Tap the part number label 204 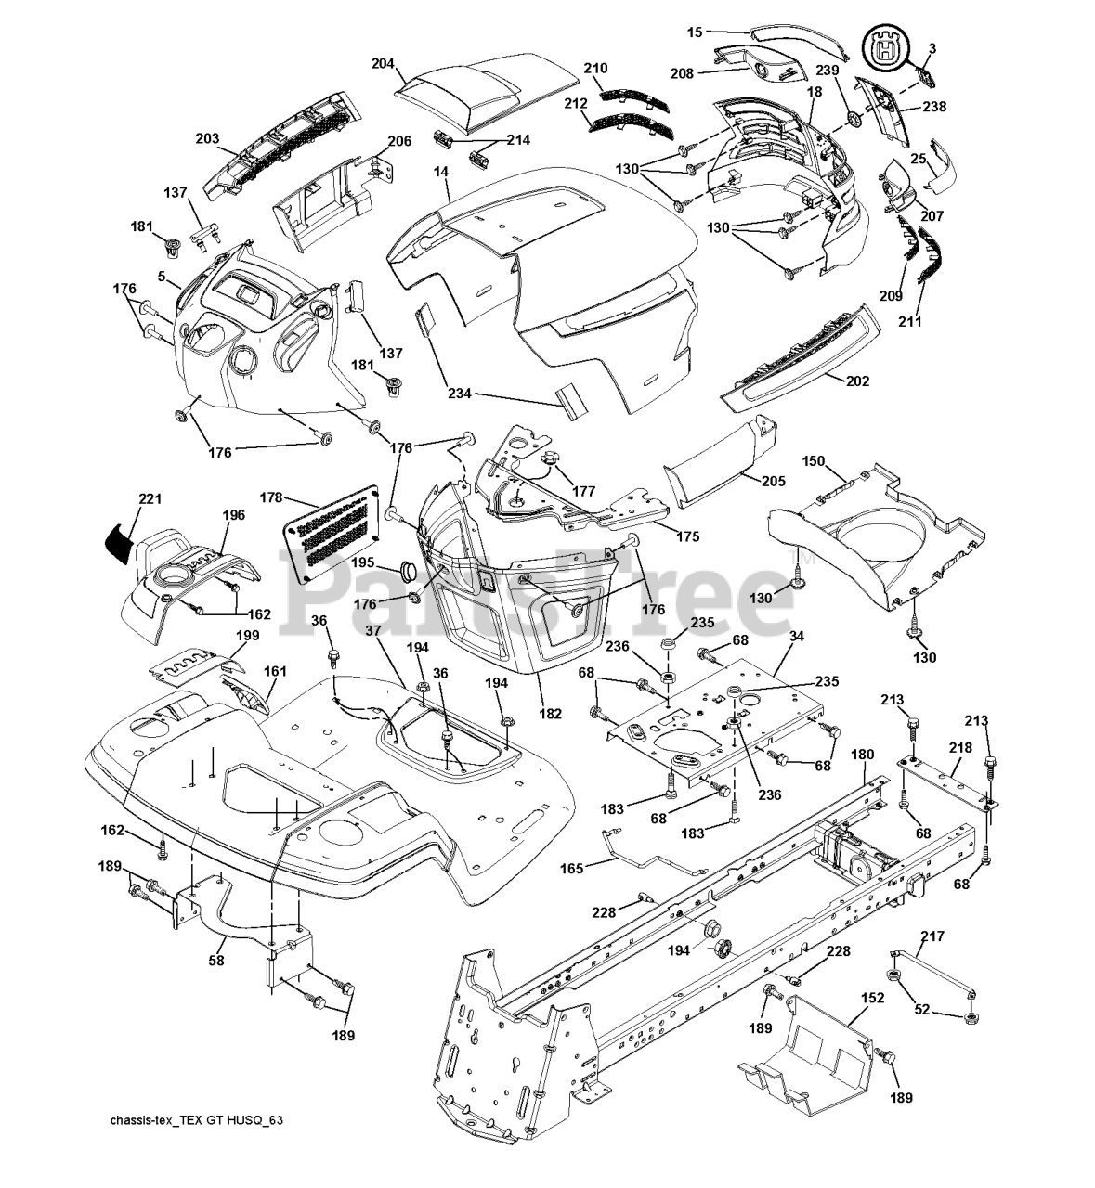384,63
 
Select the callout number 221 150,499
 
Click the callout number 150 814,460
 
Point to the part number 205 773,481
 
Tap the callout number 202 857,381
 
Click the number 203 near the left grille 207,138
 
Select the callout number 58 216,960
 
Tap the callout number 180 862,755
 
